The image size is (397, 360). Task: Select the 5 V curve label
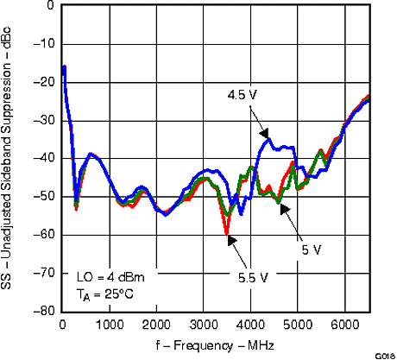coord(312,249)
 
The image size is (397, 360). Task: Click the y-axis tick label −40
coord(43,158)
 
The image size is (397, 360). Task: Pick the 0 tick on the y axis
coord(51,5)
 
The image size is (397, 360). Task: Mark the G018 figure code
coord(385,355)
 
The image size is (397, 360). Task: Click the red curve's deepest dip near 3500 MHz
coord(227,233)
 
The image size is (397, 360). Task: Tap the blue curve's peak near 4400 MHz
coord(268,138)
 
